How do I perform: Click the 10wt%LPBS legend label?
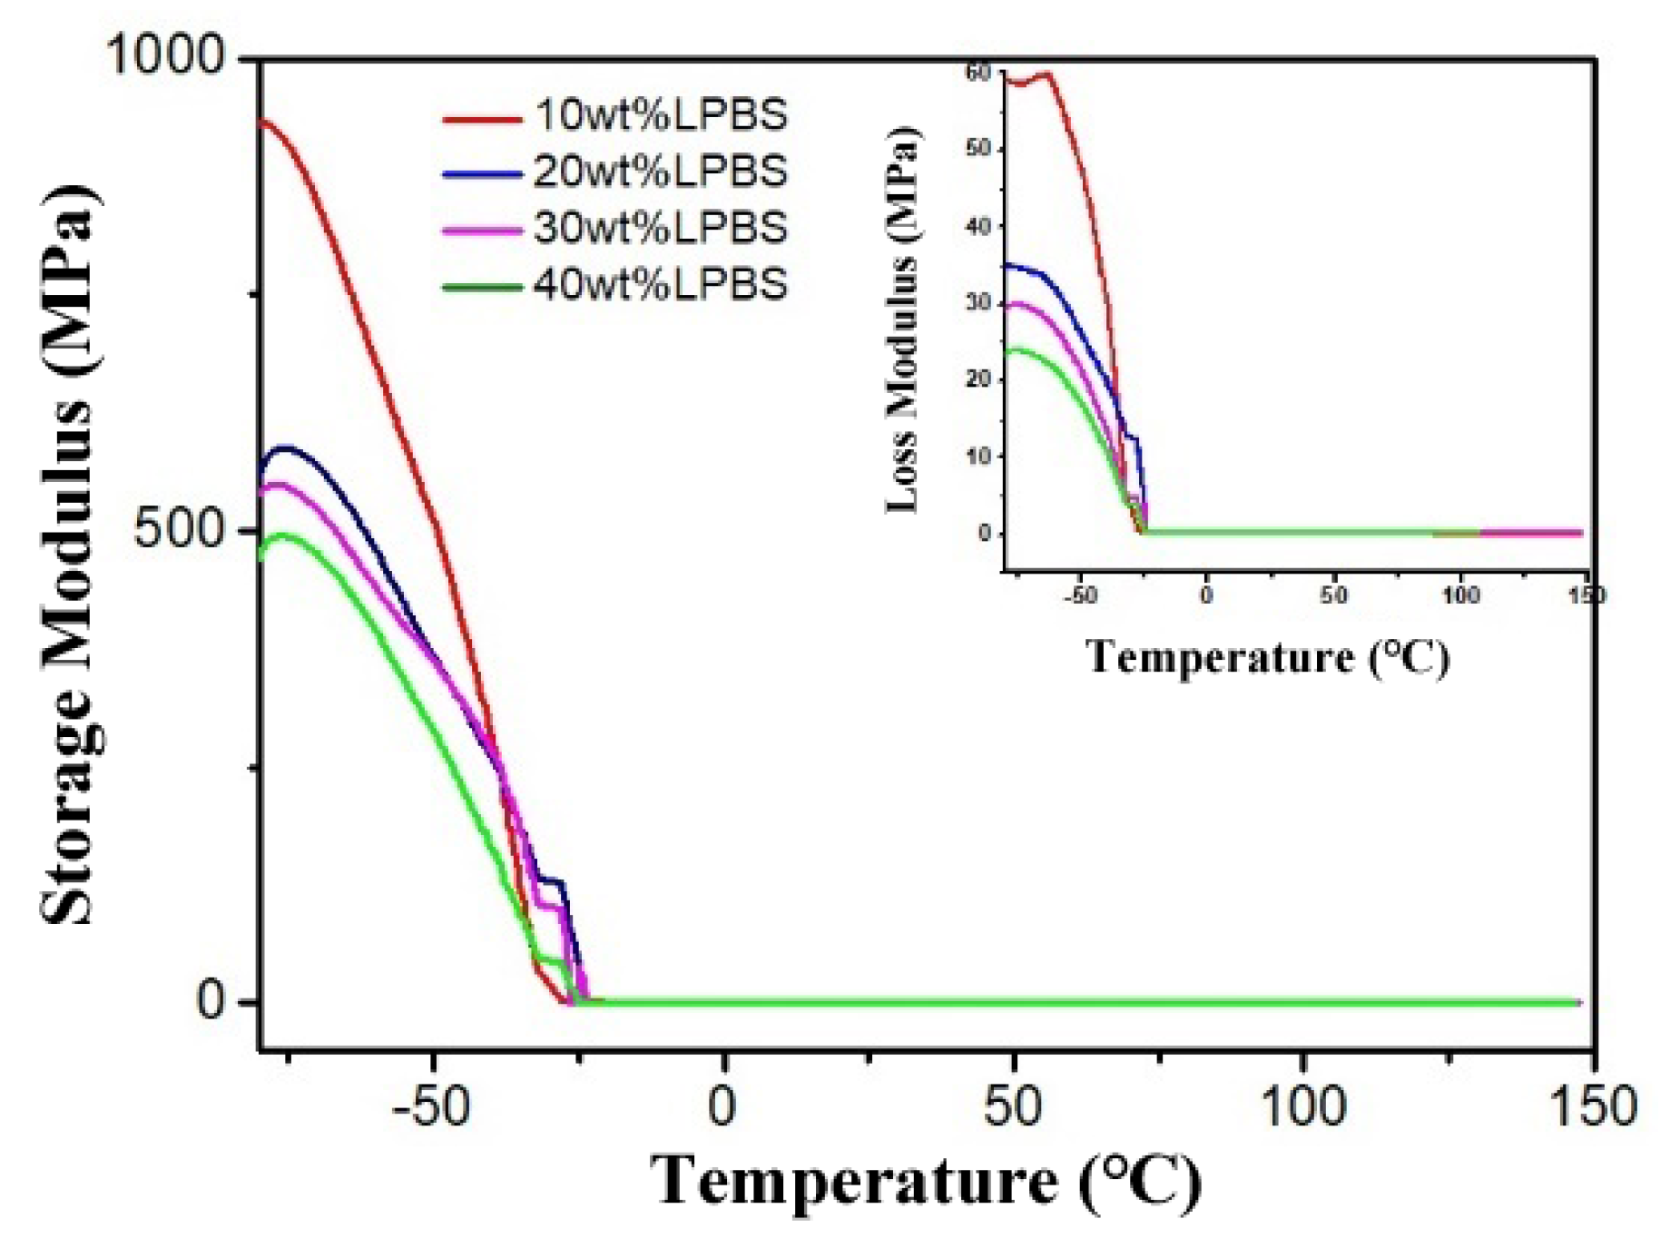660,115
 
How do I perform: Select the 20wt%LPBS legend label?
660,172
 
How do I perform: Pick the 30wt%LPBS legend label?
660,228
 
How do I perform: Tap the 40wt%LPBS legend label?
660,285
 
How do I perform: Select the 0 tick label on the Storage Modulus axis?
211,1001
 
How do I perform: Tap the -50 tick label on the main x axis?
431,1106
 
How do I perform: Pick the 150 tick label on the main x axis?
1594,1106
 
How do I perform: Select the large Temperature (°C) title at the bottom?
926,1181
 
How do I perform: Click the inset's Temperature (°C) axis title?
1267,656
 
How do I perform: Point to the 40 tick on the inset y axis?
978,226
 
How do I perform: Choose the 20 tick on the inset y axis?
978,379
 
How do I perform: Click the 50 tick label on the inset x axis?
1333,595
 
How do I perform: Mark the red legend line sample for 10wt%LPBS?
482,118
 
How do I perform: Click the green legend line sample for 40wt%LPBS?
482,288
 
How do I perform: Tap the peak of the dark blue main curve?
286,447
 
